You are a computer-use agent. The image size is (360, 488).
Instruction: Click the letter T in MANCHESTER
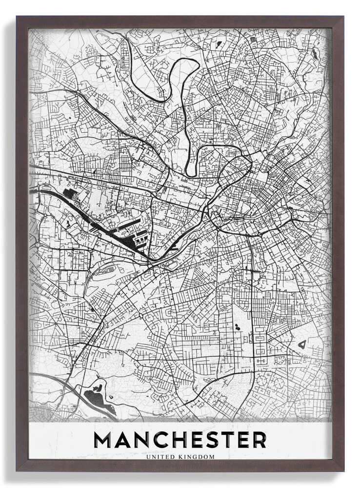tap(228, 440)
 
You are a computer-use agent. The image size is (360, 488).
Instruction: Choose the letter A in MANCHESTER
tap(123, 440)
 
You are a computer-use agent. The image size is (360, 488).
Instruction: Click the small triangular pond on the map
tap(302, 344)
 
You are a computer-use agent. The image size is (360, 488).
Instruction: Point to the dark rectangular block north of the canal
tap(69, 194)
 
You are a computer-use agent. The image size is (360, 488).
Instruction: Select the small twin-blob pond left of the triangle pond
tap(237, 326)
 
